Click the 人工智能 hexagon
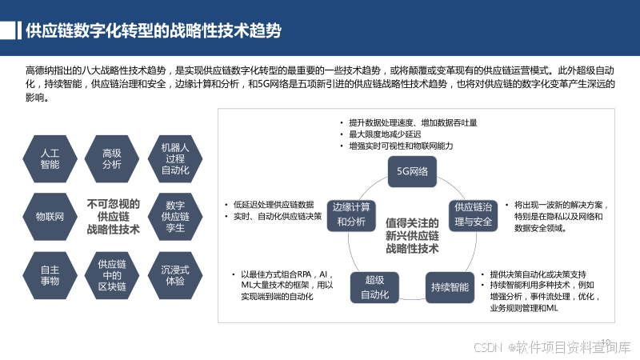(x=50, y=158)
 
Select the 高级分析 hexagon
(x=112, y=158)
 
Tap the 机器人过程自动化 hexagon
(x=174, y=158)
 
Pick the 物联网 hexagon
(x=50, y=216)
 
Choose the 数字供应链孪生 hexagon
(x=174, y=216)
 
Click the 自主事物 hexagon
(x=50, y=275)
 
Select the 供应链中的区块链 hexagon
(x=112, y=275)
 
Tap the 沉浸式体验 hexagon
(x=174, y=275)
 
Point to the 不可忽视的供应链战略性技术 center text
(x=113, y=216)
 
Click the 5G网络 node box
(x=413, y=171)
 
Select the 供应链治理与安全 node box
(x=473, y=214)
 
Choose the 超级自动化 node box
(x=374, y=286)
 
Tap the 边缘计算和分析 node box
(x=351, y=214)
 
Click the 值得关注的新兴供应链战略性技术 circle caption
(x=412, y=234)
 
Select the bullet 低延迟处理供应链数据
(x=273, y=204)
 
